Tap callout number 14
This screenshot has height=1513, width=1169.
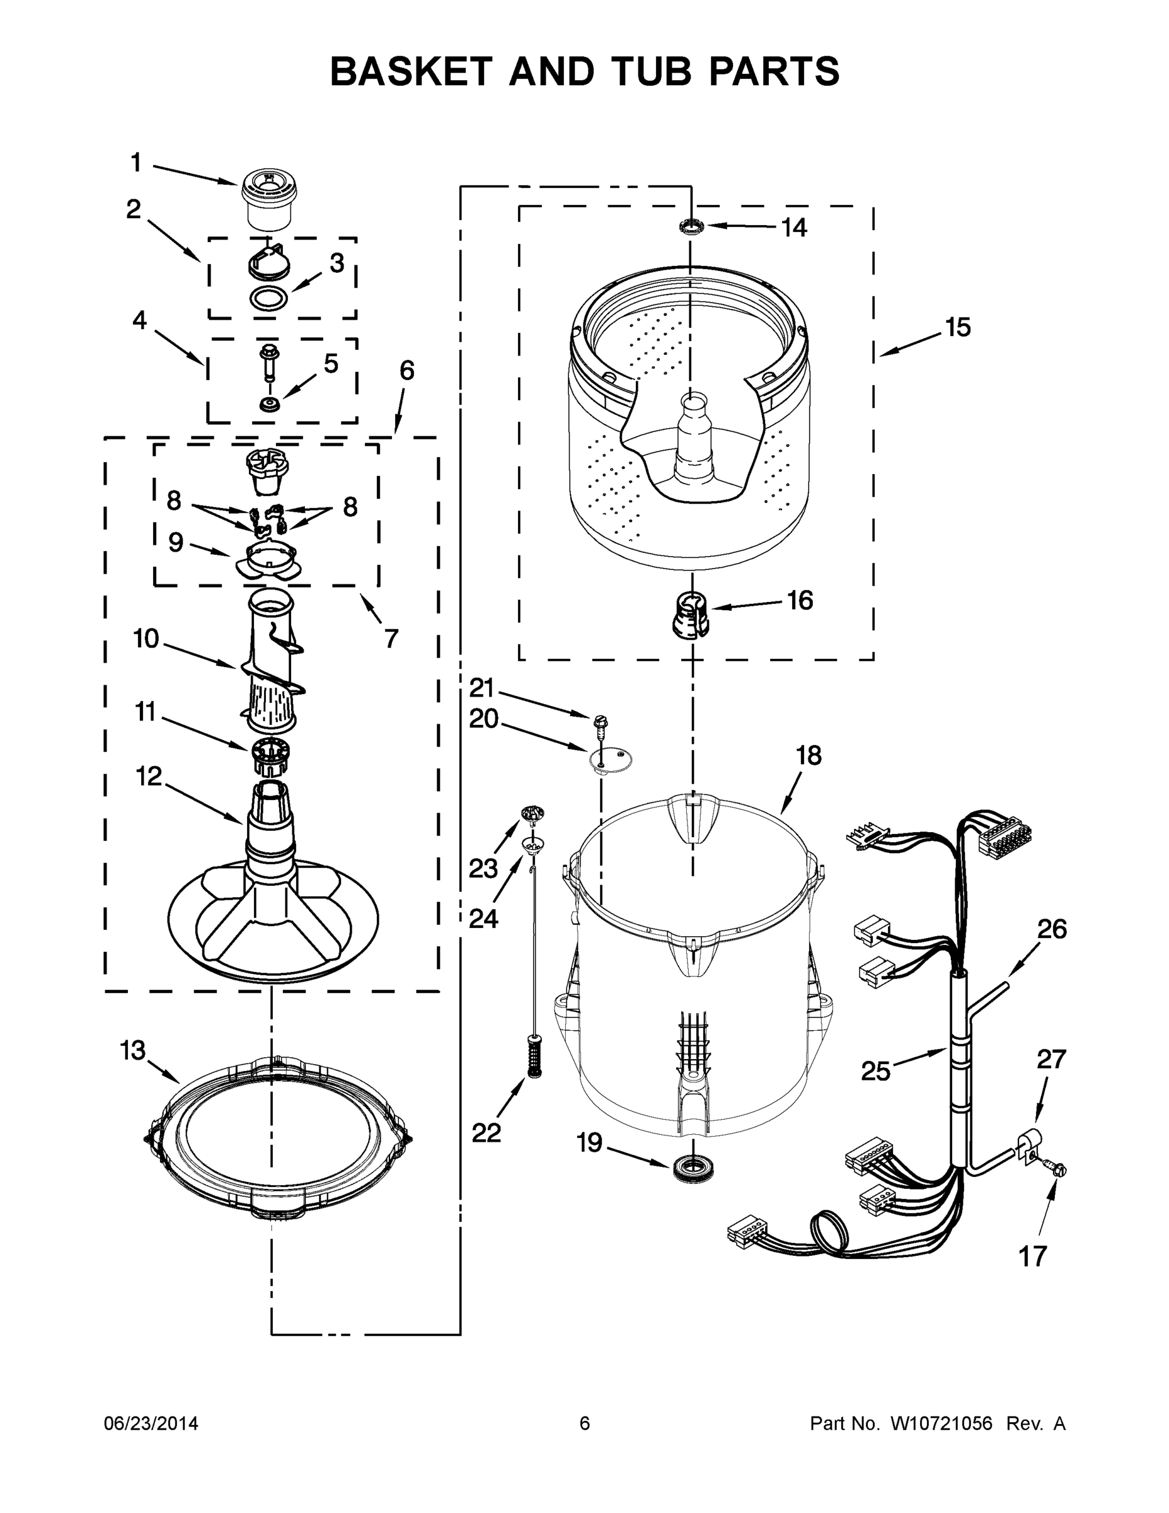794,227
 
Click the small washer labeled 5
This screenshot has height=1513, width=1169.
268,404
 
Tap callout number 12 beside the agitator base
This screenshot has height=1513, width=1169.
148,777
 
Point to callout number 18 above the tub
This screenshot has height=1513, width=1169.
808,755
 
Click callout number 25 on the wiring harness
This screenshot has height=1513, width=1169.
875,1071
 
